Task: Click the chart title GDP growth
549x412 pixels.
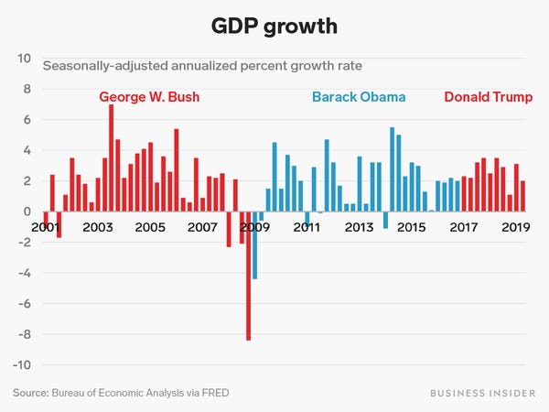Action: (274, 26)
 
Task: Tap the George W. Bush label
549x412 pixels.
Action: (148, 97)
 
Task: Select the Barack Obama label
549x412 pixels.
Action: (359, 97)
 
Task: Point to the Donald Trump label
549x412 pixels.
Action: (488, 97)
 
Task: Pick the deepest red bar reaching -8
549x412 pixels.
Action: (248, 276)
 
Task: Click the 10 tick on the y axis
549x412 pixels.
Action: (24, 59)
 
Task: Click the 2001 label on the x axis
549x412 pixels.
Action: (46, 226)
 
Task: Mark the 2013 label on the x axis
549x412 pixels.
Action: (358, 226)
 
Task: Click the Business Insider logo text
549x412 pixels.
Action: (484, 394)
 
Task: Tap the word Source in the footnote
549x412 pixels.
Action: (30, 394)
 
